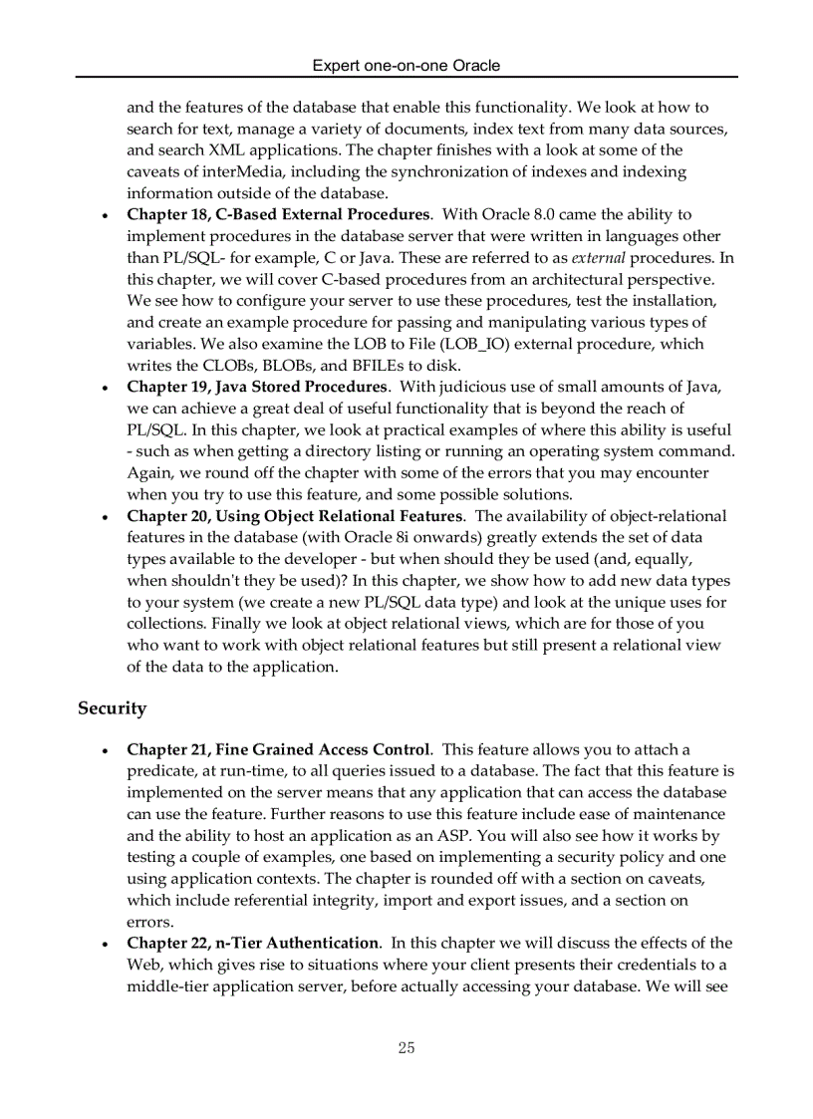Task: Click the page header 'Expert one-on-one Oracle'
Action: click(x=406, y=66)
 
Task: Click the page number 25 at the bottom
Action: click(x=406, y=1047)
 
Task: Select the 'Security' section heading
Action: click(x=112, y=708)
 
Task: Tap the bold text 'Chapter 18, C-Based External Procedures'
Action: click(x=278, y=214)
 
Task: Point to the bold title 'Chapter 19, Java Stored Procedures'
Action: click(x=256, y=387)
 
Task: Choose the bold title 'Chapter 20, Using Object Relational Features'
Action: click(x=294, y=516)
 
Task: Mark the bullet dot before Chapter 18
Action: click(x=106, y=215)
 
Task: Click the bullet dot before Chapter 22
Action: click(x=106, y=944)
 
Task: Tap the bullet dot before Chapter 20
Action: click(x=106, y=517)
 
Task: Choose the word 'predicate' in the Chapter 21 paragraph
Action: click(x=160, y=771)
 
